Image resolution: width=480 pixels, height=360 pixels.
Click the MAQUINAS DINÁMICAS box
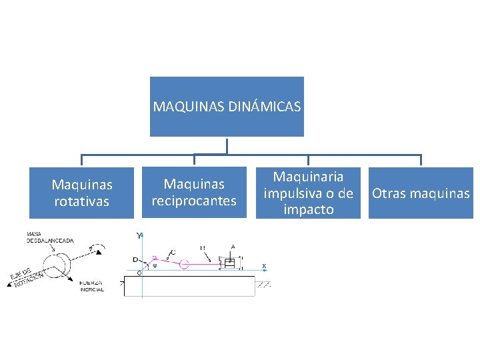tap(227, 106)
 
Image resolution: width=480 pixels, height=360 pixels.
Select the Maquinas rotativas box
tap(82, 193)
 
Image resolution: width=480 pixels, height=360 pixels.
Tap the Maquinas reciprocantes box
tap(194, 193)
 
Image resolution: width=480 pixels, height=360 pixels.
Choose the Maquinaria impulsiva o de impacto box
tap(308, 193)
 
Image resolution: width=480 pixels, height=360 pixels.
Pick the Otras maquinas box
tap(421, 193)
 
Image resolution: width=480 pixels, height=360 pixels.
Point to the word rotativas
tap(82, 201)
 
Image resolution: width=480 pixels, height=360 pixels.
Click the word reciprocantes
tap(194, 201)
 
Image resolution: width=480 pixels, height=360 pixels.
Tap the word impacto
tap(308, 209)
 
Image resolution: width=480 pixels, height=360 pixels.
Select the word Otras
tap(388, 193)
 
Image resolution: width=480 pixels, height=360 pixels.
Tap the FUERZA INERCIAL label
tap(92, 286)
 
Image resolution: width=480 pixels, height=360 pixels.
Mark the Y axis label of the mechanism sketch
tap(139, 236)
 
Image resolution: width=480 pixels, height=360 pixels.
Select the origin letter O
tap(139, 273)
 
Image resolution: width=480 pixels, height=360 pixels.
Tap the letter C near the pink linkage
tap(173, 252)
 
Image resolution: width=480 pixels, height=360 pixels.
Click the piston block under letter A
tap(231, 263)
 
